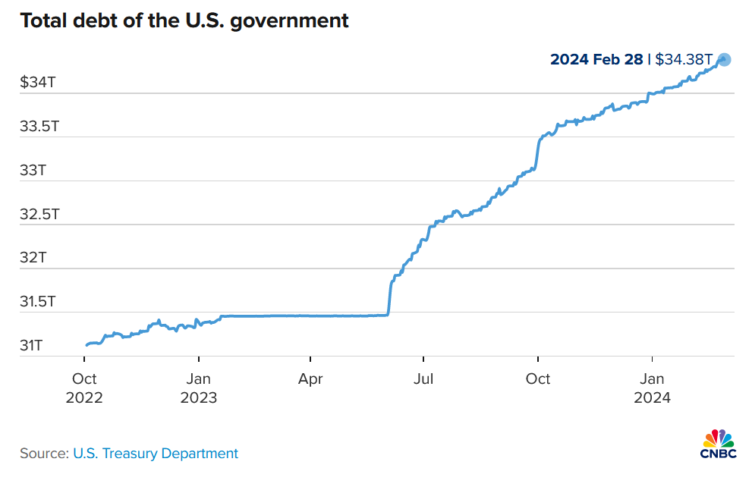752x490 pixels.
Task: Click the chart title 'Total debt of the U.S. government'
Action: click(184, 20)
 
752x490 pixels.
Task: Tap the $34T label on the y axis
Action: click(37, 83)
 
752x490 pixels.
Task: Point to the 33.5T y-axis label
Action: click(39, 126)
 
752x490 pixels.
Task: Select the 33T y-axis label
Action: click(33, 170)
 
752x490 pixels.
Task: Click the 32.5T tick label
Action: click(39, 214)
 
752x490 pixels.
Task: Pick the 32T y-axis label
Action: click(33, 258)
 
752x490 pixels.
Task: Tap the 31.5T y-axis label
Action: click(39, 302)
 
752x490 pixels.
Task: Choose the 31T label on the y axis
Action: click(31, 346)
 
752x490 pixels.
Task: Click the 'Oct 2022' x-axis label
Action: click(83, 388)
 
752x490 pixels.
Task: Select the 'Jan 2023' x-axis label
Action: click(198, 388)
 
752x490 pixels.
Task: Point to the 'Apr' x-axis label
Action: click(310, 378)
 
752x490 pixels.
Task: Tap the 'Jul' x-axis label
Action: click(423, 378)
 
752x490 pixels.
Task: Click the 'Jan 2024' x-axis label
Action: click(652, 388)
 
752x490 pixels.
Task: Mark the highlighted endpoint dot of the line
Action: click(724, 59)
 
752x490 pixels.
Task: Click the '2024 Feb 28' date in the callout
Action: click(596, 59)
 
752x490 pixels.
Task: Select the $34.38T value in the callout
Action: click(683, 59)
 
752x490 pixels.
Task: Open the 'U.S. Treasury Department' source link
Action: click(156, 454)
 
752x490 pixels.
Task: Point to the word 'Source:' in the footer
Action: click(44, 454)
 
